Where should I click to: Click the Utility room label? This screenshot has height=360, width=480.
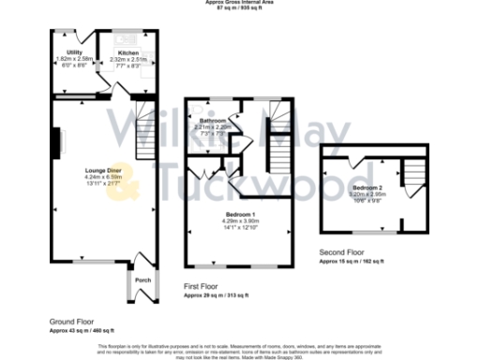coord(75,52)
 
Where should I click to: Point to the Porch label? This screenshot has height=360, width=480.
coord(142,279)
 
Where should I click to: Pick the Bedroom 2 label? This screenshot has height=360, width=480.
coord(366,187)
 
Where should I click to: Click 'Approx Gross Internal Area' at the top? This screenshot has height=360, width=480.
coord(241,3)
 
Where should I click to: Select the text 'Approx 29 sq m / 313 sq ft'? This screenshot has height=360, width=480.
coord(216,295)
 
